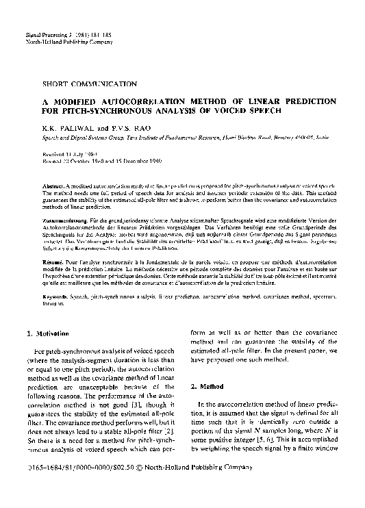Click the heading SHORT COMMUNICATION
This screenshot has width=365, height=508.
(89, 84)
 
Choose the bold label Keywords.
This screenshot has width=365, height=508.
(56, 296)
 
